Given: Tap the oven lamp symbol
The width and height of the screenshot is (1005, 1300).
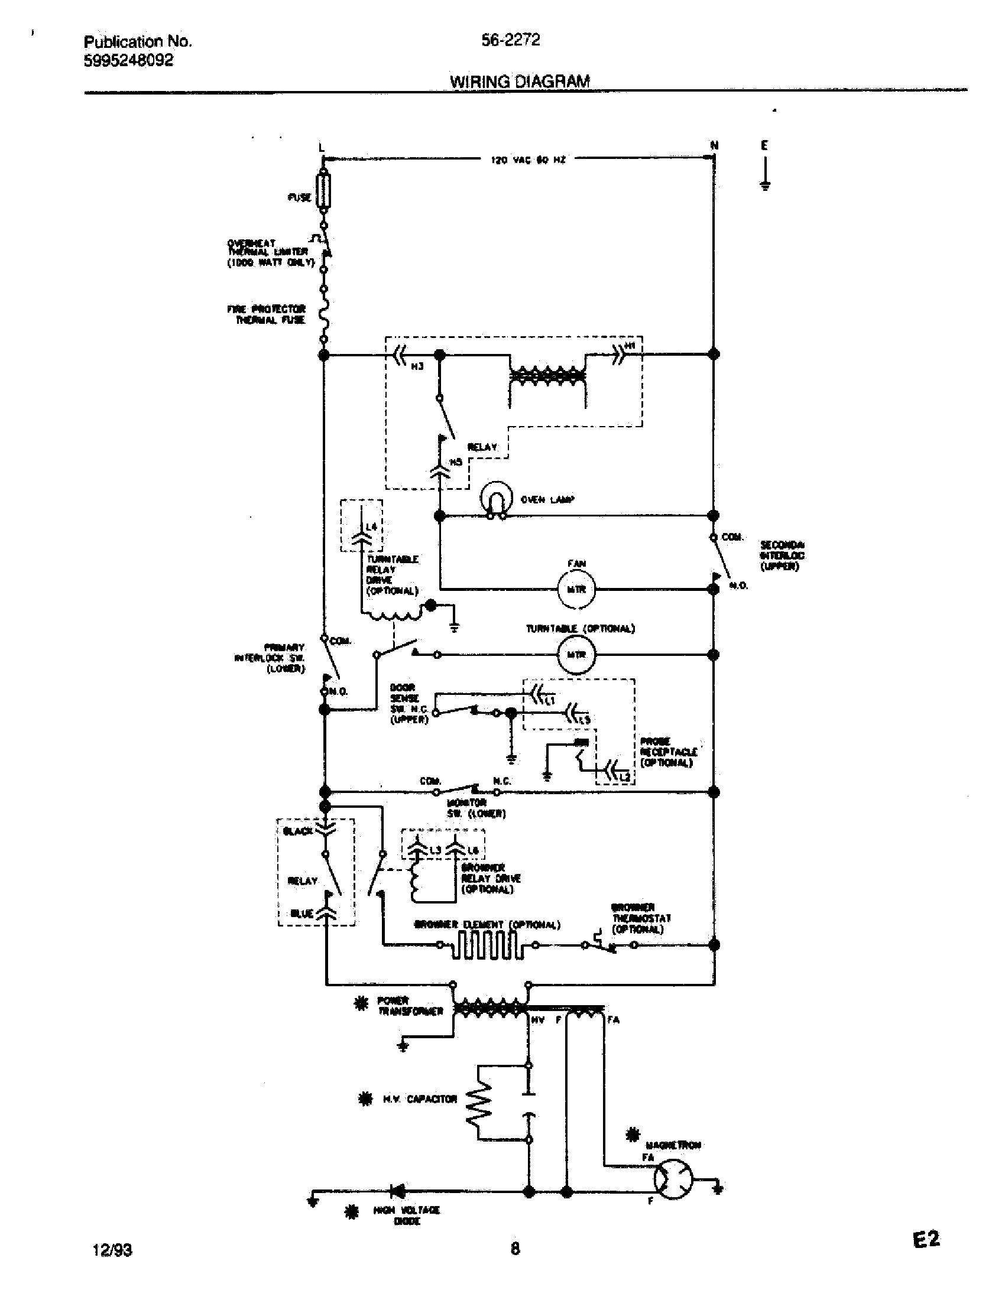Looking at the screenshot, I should coord(496,496).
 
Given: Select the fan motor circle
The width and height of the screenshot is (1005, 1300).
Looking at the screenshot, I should coord(576,589).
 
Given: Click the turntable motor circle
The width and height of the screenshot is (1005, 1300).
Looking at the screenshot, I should coord(576,655).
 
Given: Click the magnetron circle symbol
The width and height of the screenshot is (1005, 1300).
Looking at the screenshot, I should coord(675,1179).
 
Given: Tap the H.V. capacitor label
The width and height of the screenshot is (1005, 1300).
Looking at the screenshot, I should coord(420,1099).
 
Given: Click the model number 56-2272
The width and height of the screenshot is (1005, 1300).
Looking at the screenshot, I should coord(510,40).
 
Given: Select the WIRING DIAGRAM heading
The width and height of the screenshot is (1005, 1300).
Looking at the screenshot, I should coord(519,82).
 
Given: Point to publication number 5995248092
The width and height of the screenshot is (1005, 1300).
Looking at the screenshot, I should coord(129,60).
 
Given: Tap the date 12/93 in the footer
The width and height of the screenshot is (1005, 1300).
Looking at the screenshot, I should coord(112,1250).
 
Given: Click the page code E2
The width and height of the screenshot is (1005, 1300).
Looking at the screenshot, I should coord(926,1240).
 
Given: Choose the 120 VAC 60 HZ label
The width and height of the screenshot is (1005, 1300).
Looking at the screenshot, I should coord(527,160).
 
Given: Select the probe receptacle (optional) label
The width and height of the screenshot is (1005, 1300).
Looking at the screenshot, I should coord(667,752).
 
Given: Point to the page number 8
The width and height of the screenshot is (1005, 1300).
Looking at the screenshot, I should coord(515,1248).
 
